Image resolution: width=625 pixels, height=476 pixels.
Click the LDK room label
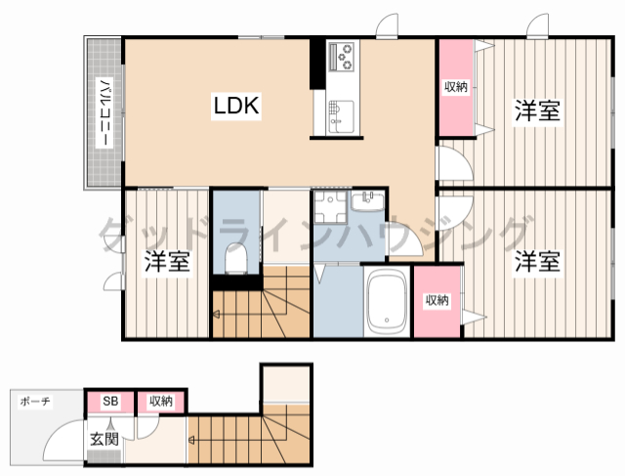pos(236,106)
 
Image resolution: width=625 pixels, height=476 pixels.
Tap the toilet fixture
pos(236,258)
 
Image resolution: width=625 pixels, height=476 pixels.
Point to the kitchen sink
pos(341,116)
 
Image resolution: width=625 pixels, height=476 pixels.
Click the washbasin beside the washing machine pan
pos(368,200)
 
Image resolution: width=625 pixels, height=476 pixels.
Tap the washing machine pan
pos(330,206)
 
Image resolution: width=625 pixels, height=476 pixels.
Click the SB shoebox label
pos(110,401)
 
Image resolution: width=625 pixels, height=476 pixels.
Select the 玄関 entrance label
pos(104,439)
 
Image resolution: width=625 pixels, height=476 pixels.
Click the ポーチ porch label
pos(35,401)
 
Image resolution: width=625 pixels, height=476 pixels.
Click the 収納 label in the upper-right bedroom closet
pos(456,87)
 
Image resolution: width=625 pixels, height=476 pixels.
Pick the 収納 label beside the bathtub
pos(437,300)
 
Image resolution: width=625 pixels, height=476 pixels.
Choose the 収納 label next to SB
pos(161,401)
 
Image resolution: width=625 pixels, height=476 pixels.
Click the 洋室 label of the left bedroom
pos(167,261)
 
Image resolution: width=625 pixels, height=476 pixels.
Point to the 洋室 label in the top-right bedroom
pos(538,110)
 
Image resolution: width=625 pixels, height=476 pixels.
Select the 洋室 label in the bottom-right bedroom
pos(538,261)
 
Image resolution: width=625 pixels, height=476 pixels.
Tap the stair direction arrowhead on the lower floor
pos(191,441)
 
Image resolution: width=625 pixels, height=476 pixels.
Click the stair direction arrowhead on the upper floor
pos(217,315)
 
